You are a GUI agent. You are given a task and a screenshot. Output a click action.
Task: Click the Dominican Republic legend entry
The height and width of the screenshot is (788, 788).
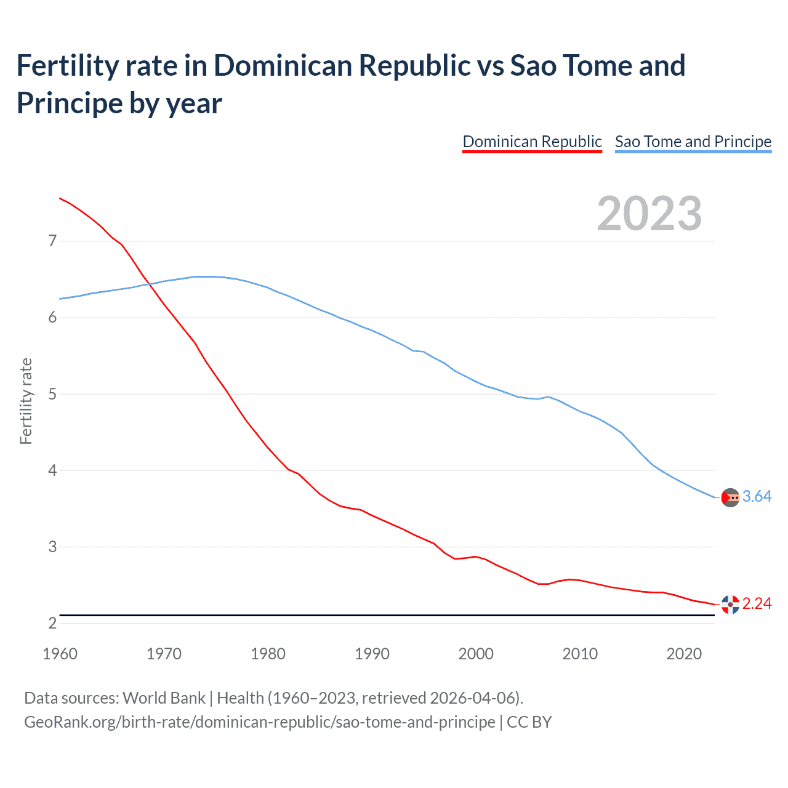[x=532, y=142]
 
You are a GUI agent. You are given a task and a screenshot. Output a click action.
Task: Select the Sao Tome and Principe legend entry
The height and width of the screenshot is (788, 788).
[x=693, y=142]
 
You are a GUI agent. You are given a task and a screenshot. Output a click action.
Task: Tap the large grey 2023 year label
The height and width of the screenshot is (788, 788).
[x=649, y=214]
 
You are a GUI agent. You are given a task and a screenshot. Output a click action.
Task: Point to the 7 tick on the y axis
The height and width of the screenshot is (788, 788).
[x=52, y=241]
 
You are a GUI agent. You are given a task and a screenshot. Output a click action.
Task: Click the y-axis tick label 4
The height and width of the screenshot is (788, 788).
[x=52, y=470]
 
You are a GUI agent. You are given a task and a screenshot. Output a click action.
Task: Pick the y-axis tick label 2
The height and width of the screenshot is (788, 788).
[x=52, y=623]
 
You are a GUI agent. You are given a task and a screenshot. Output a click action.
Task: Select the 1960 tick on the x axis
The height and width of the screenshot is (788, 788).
[x=60, y=654]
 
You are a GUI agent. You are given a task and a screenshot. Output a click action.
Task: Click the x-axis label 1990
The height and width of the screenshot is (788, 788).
[x=372, y=654]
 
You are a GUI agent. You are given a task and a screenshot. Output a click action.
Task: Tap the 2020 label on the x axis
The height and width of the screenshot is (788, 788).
[x=684, y=654]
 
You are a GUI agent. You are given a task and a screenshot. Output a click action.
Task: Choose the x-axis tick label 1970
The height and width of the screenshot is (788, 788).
[x=164, y=654]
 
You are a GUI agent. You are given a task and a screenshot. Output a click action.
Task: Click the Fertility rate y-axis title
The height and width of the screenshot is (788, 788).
[x=26, y=401]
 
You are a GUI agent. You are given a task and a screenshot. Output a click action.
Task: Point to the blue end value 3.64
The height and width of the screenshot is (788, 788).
[x=757, y=496]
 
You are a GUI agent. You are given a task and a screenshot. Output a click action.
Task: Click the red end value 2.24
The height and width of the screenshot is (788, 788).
[x=757, y=604]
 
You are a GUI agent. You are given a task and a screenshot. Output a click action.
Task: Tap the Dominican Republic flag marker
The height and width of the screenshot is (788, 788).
[x=730, y=605]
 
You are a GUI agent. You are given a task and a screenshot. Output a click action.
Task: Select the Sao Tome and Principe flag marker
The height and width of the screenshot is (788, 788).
[x=730, y=497]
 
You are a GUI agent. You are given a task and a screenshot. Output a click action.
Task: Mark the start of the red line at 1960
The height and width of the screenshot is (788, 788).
[x=60, y=198]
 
